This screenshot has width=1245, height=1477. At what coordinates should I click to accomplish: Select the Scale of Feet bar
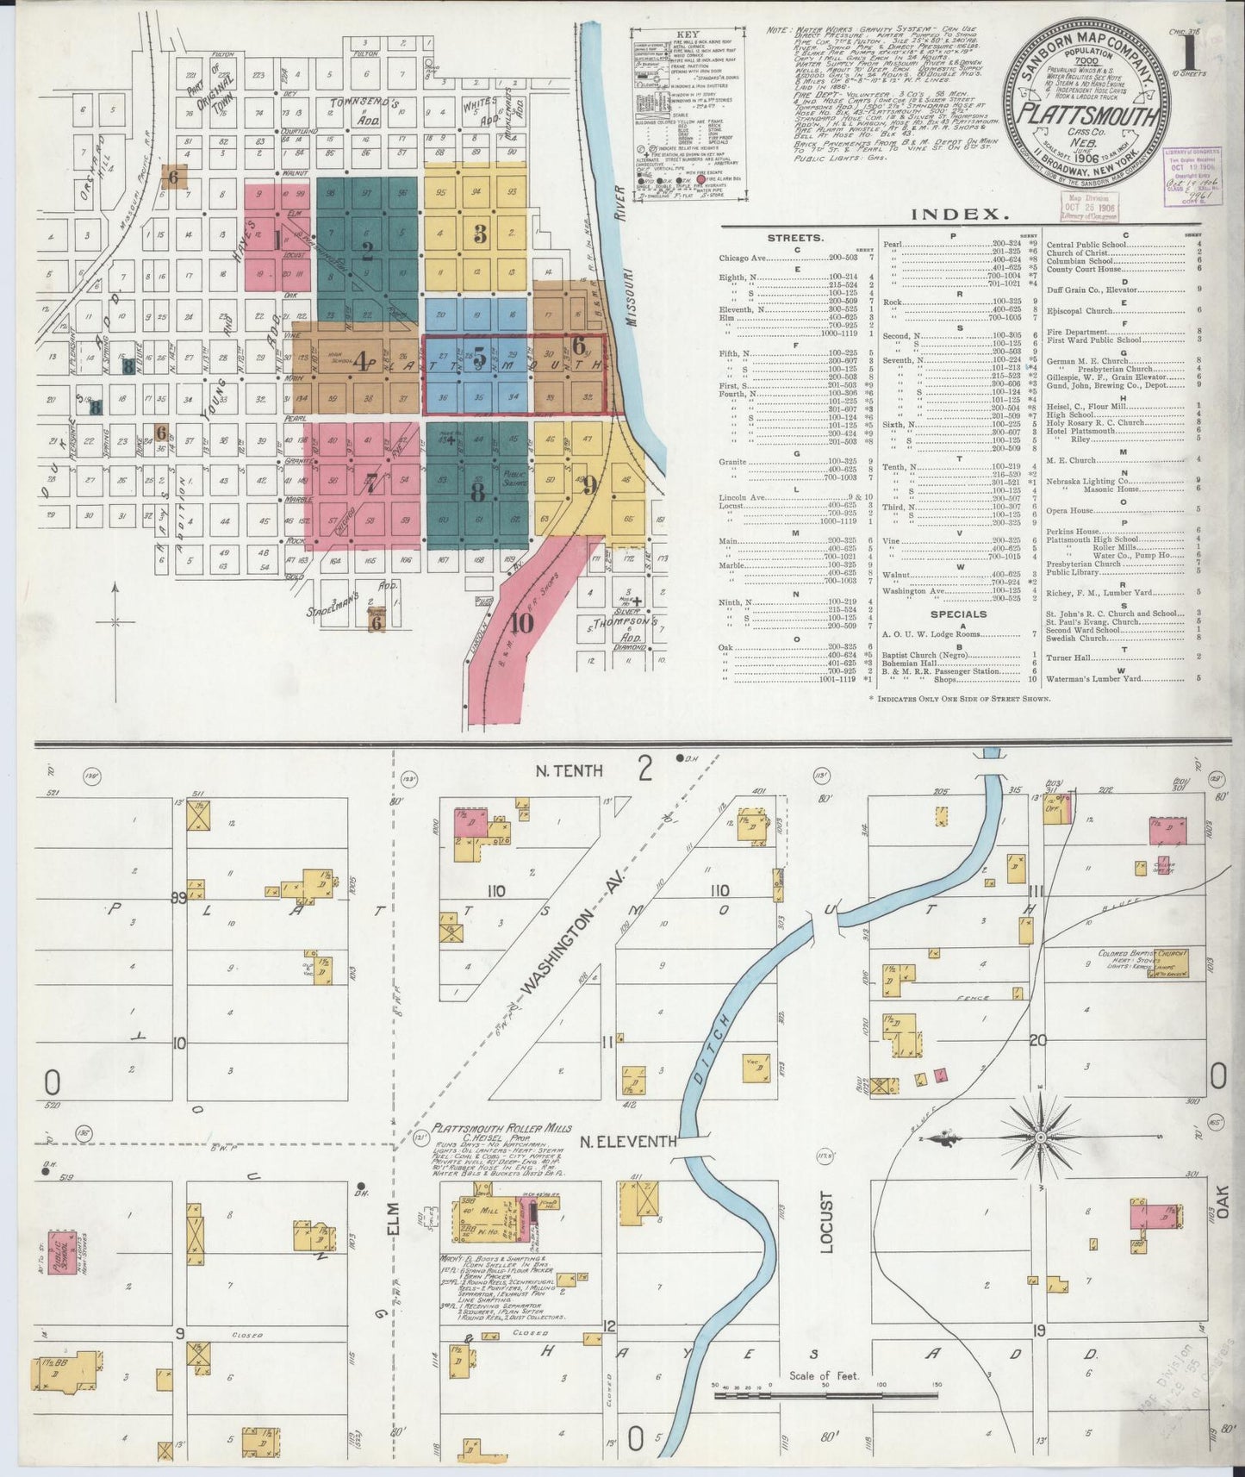click(x=825, y=1394)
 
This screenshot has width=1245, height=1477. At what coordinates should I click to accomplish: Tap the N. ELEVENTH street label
click(x=627, y=1143)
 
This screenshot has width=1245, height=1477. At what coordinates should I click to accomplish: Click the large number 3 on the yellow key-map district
click(x=480, y=233)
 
